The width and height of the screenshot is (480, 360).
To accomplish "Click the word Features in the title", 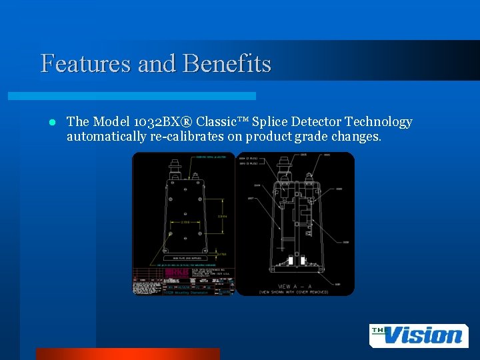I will [85, 64].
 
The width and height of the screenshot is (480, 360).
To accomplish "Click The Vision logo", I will [418, 335].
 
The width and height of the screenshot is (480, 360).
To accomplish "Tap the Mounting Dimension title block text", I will [184, 292].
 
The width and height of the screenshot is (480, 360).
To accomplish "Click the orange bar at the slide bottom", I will [127, 354].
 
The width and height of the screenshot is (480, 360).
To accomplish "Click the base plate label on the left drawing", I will [183, 257].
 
